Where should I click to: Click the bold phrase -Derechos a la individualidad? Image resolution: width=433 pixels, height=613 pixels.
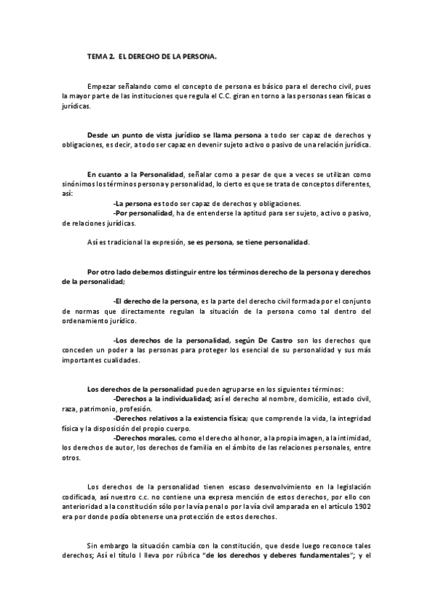click(x=162, y=398)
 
